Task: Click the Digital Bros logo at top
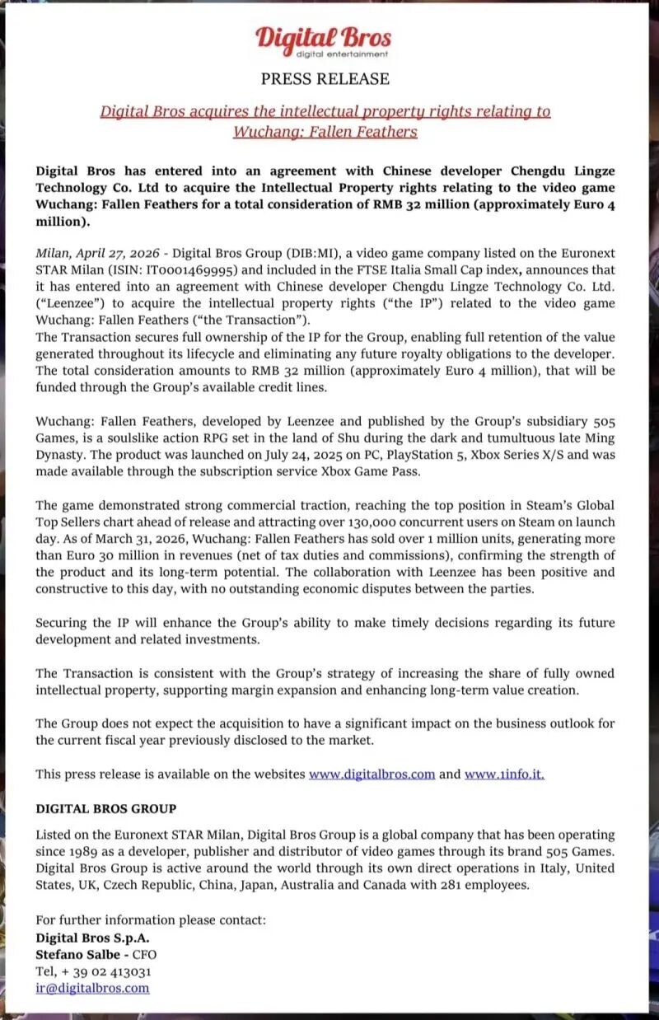[324, 39]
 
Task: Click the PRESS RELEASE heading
[325, 79]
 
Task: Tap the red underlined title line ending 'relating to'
[325, 111]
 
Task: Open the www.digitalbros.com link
[372, 774]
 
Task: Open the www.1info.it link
[504, 774]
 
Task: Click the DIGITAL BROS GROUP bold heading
[105, 808]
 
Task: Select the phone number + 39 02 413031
[104, 971]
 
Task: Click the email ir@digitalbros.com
[92, 989]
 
